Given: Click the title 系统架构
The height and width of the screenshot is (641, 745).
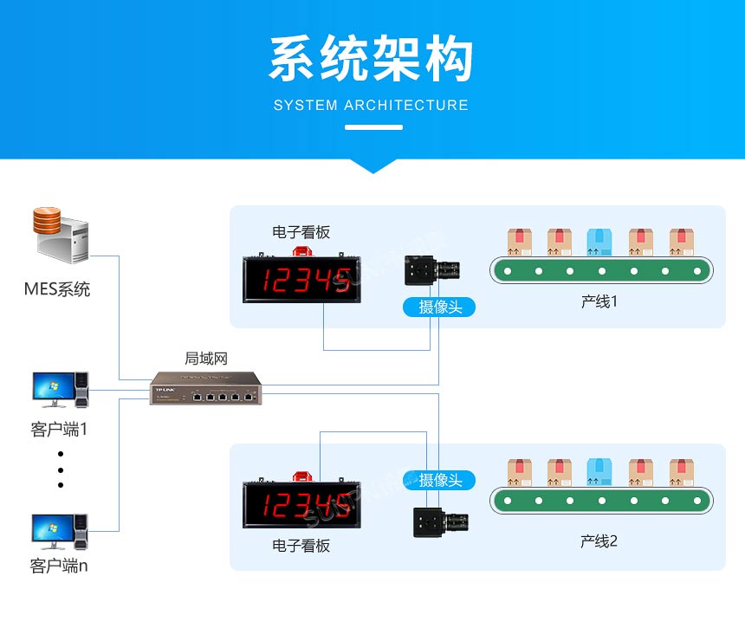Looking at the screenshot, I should click(x=372, y=61).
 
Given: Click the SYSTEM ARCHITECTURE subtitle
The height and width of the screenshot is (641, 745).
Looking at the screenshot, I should click(x=371, y=106).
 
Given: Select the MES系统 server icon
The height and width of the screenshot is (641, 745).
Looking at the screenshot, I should click(x=62, y=234).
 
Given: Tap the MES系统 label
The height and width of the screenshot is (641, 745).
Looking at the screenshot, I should click(x=57, y=289).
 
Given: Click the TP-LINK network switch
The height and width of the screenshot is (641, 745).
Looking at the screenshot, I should click(x=205, y=388).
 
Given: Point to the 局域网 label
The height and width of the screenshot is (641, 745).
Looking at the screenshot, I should click(x=206, y=358).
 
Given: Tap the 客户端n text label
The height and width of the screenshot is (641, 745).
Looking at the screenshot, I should click(x=59, y=567).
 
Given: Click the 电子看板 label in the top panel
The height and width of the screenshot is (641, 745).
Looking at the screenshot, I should click(x=301, y=232).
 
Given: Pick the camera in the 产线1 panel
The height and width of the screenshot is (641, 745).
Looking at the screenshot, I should click(x=436, y=271).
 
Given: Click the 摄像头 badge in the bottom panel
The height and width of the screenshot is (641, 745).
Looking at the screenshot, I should click(x=440, y=480).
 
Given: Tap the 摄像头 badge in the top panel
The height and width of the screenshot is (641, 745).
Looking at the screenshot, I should click(x=440, y=307).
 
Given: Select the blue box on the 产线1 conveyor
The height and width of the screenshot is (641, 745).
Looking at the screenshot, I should click(x=599, y=242).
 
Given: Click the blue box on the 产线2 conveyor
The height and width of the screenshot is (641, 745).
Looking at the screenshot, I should click(x=599, y=472).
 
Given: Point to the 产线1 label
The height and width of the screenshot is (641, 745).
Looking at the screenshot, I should click(x=599, y=302).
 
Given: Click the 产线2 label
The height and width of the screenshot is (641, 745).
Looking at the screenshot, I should click(x=599, y=541).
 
